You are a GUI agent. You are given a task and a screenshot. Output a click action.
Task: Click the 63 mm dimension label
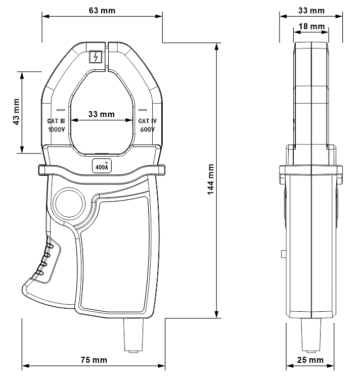click(102, 11)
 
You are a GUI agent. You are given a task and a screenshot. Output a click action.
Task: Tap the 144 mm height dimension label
click(211, 179)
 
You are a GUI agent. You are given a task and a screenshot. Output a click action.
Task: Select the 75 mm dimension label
click(94, 360)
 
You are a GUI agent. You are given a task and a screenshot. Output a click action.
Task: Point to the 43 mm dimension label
click(16, 112)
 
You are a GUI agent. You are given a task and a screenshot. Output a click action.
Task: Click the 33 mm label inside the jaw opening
click(101, 114)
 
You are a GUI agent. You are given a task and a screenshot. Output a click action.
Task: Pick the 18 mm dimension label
click(311, 26)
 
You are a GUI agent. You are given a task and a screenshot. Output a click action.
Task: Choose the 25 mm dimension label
click(310, 360)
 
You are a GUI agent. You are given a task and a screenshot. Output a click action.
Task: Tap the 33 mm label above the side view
click(311, 11)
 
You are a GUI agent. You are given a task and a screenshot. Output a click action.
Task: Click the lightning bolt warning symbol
click(96, 57)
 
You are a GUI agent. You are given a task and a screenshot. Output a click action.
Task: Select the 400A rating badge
click(102, 166)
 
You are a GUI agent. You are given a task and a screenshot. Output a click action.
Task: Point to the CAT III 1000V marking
click(56, 125)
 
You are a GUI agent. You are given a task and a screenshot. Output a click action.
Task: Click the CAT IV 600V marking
click(148, 125)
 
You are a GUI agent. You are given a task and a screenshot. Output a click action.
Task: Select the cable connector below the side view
click(311, 336)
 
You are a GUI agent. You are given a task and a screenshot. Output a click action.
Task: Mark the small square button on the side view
click(284, 254)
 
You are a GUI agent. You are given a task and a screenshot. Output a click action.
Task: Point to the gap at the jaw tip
click(107, 57)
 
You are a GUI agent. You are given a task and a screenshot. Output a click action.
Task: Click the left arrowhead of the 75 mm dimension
click(26, 366)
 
